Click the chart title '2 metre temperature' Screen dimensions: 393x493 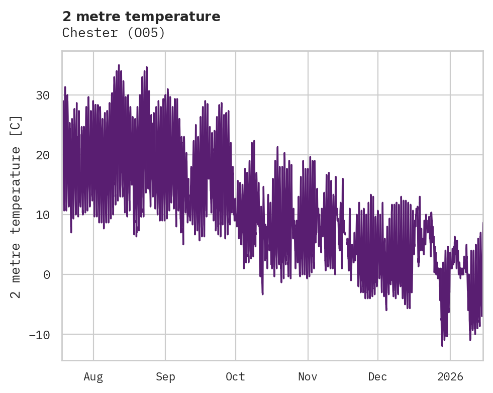[x=141, y=17]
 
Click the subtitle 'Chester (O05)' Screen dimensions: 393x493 [x=114, y=33]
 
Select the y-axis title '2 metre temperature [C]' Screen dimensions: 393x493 [x=16, y=206]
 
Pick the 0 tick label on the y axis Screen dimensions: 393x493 [x=46, y=275]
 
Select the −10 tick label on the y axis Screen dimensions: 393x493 [x=39, y=335]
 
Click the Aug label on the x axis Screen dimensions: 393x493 [x=93, y=376]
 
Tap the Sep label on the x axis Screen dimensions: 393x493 [x=165, y=376]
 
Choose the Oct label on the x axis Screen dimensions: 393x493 [x=235, y=376]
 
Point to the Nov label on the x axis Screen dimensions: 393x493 [x=308, y=376]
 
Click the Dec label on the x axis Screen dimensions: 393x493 [x=377, y=376]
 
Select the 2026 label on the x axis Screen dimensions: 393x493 [x=450, y=376]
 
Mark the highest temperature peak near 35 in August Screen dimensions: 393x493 [x=119, y=65]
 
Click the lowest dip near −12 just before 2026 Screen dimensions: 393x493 [x=442, y=345]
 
